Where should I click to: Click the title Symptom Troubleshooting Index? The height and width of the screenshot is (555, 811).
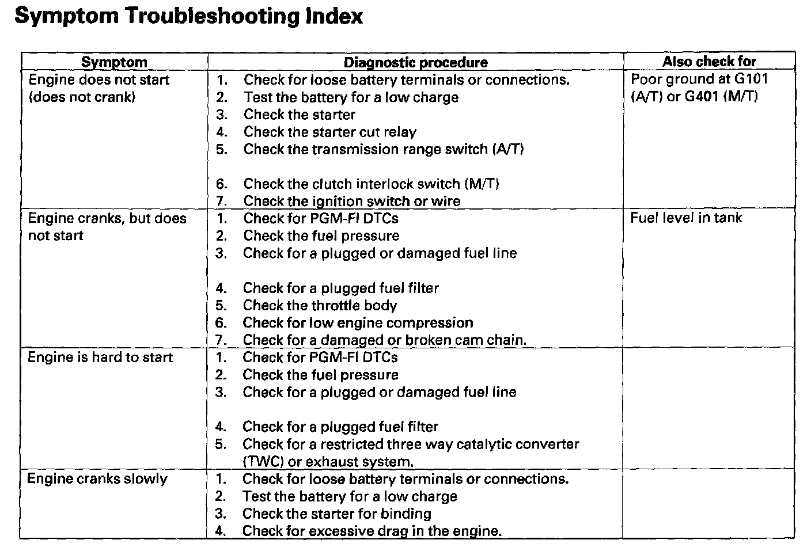pyautogui.click(x=188, y=16)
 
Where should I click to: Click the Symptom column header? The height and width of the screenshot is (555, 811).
pyautogui.click(x=114, y=62)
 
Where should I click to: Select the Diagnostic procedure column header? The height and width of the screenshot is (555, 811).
pyautogui.click(x=415, y=62)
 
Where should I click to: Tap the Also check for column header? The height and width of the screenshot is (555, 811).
pyautogui.click(x=709, y=62)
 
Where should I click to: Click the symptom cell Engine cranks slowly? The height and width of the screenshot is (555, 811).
pyautogui.click(x=97, y=479)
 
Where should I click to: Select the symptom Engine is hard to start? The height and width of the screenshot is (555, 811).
pyautogui.click(x=100, y=358)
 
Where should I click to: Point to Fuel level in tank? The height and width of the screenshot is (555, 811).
pyautogui.click(x=686, y=218)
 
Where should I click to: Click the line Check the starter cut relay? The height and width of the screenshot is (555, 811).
pyautogui.click(x=329, y=132)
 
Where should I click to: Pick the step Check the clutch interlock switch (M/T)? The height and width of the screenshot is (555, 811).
pyautogui.click(x=371, y=184)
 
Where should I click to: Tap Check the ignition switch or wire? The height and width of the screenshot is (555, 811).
pyautogui.click(x=352, y=202)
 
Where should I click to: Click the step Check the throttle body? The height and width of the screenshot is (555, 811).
pyautogui.click(x=320, y=306)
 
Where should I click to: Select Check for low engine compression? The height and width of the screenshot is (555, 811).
pyautogui.click(x=358, y=323)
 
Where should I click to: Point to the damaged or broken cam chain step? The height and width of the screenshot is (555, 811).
pyautogui.click(x=384, y=340)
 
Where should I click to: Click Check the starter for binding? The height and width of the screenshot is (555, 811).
pyautogui.click(x=336, y=514)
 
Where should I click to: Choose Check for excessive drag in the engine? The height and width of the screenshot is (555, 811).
pyautogui.click(x=372, y=531)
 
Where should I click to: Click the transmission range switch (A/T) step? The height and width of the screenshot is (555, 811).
pyautogui.click(x=384, y=150)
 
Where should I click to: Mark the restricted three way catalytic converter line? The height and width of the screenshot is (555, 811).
pyautogui.click(x=410, y=444)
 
